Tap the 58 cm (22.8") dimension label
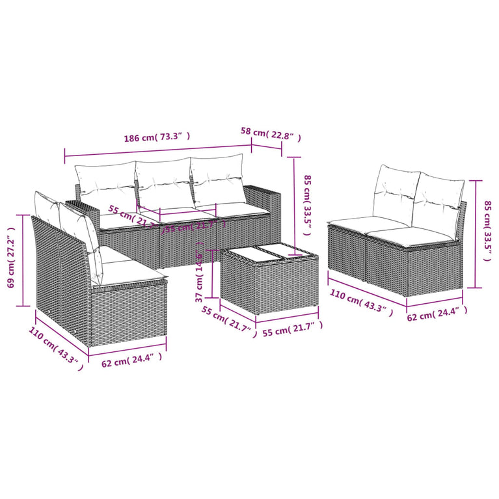271,132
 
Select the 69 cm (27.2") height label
10,258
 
